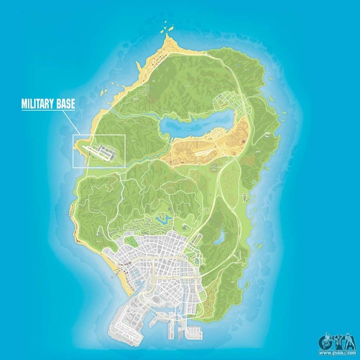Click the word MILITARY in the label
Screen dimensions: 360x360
tap(41, 104)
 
